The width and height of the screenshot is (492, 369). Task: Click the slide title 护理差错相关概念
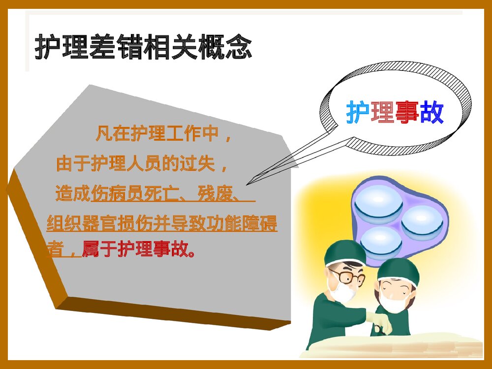tap(143, 47)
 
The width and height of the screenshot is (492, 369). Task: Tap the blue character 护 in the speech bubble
tap(358, 113)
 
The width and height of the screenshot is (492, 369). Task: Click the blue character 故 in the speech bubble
tap(432, 113)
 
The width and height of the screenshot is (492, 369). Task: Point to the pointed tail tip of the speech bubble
tap(247, 184)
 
